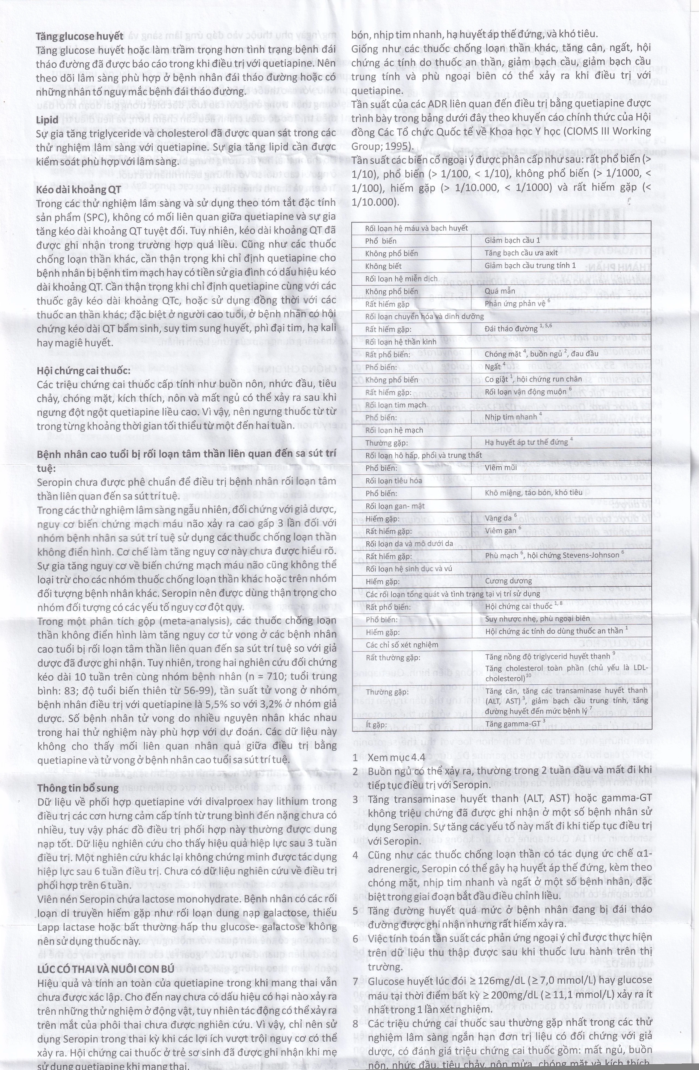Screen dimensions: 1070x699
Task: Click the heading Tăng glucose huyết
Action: (79, 36)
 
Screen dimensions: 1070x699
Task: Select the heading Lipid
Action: (47, 120)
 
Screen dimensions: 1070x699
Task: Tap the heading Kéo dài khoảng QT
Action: (79, 190)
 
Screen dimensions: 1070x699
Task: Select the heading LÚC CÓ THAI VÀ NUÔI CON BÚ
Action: (106, 968)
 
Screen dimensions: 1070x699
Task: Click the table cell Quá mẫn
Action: (500, 291)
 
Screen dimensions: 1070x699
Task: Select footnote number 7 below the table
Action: (355, 980)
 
